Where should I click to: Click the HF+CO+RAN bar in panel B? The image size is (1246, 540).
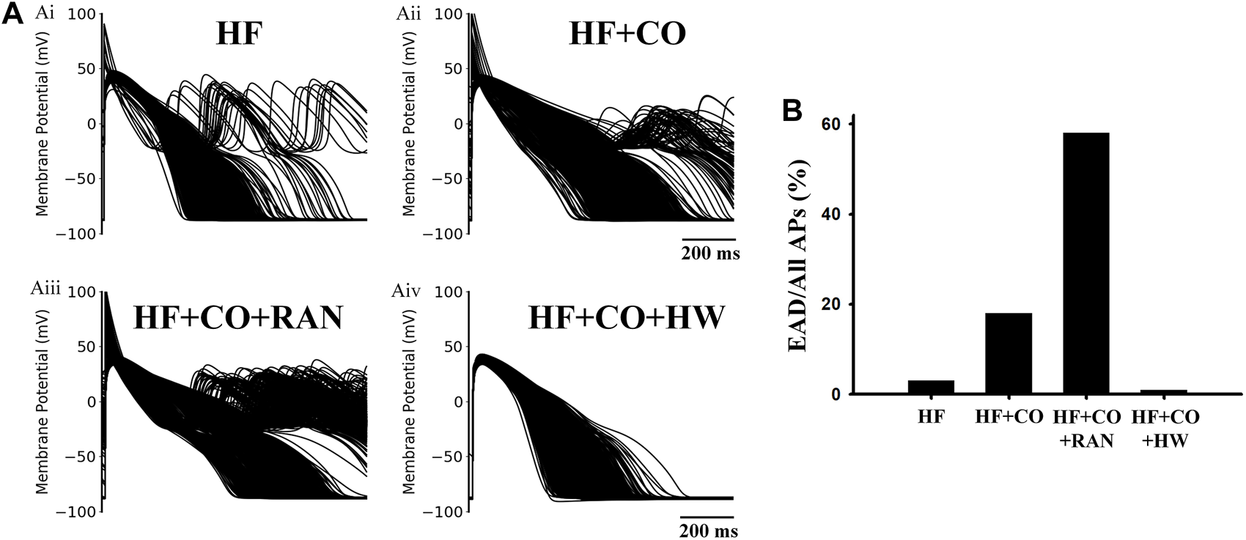click(1085, 264)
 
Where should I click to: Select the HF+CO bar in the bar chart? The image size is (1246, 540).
click(1008, 353)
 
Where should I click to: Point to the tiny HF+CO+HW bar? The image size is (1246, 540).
click(1164, 392)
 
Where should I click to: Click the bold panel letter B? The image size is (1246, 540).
click(794, 110)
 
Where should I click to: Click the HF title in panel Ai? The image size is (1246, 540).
click(239, 34)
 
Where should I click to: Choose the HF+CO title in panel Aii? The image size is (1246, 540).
click(627, 34)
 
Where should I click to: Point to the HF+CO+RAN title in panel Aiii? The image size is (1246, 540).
click(238, 317)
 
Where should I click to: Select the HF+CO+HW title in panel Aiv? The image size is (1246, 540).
click(627, 317)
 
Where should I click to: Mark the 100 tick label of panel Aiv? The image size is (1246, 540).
click(448, 292)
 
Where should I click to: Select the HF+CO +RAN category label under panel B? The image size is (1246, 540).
click(1086, 429)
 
